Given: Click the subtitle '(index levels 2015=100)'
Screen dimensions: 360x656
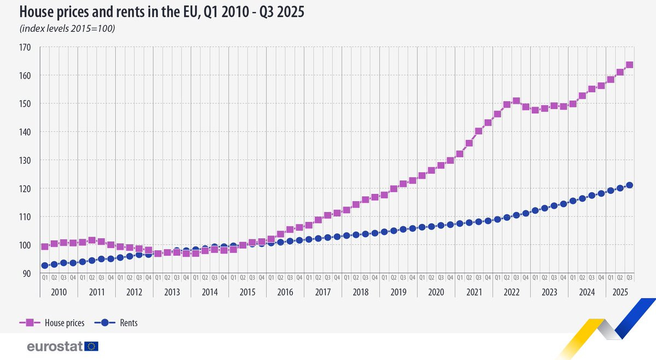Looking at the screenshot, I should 67,28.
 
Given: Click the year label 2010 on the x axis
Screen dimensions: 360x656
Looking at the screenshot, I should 58,292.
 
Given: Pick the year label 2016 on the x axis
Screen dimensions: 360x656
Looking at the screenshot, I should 285,292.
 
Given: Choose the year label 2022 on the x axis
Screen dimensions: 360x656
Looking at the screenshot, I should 511,292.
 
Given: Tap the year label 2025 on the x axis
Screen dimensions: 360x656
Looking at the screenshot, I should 619,292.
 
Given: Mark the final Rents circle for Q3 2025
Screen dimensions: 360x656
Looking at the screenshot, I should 629,185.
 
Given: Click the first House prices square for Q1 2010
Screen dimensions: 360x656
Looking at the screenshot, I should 45,246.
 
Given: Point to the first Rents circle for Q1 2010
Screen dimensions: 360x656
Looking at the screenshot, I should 45,265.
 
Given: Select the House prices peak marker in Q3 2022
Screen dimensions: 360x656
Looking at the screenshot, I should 516,101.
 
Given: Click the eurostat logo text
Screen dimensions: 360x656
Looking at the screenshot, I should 55,346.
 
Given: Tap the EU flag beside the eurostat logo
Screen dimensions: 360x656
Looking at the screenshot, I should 91,346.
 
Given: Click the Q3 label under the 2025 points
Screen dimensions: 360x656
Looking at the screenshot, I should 629,278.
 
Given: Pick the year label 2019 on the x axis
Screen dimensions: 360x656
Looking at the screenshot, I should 398,292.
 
